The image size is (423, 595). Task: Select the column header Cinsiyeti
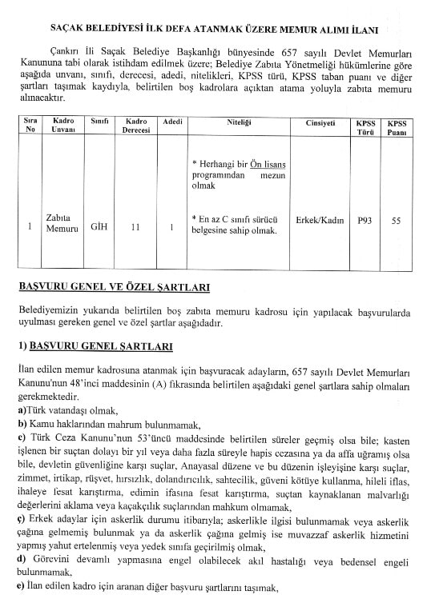[308, 122]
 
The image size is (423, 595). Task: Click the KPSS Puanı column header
[397, 127]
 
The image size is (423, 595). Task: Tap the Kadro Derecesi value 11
[135, 226]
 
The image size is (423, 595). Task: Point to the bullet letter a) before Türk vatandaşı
[22, 411]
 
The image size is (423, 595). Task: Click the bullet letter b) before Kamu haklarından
[22, 424]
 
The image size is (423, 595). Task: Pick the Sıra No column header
[30, 127]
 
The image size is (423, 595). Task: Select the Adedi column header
[172, 122]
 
